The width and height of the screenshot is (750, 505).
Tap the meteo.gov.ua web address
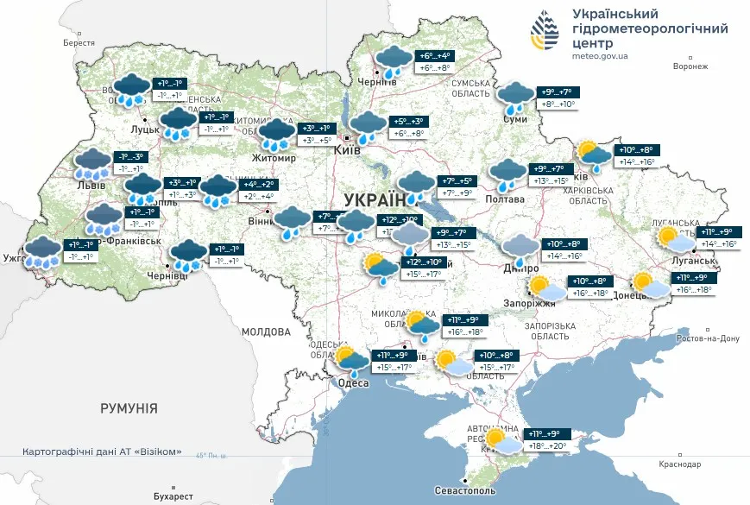tap(602, 56)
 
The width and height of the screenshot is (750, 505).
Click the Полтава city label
tap(505, 199)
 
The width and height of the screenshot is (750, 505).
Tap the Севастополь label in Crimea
tap(465, 490)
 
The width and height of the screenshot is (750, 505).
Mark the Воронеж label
tap(690, 66)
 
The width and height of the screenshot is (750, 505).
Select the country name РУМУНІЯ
tap(129, 407)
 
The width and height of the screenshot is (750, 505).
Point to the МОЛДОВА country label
tap(267, 331)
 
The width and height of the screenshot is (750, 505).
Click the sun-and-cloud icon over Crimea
tap(503, 441)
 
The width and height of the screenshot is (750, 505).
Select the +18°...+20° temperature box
tap(548, 446)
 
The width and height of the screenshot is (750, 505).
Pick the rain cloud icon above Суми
tap(517, 97)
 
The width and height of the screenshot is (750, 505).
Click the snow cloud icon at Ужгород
tap(41, 251)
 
